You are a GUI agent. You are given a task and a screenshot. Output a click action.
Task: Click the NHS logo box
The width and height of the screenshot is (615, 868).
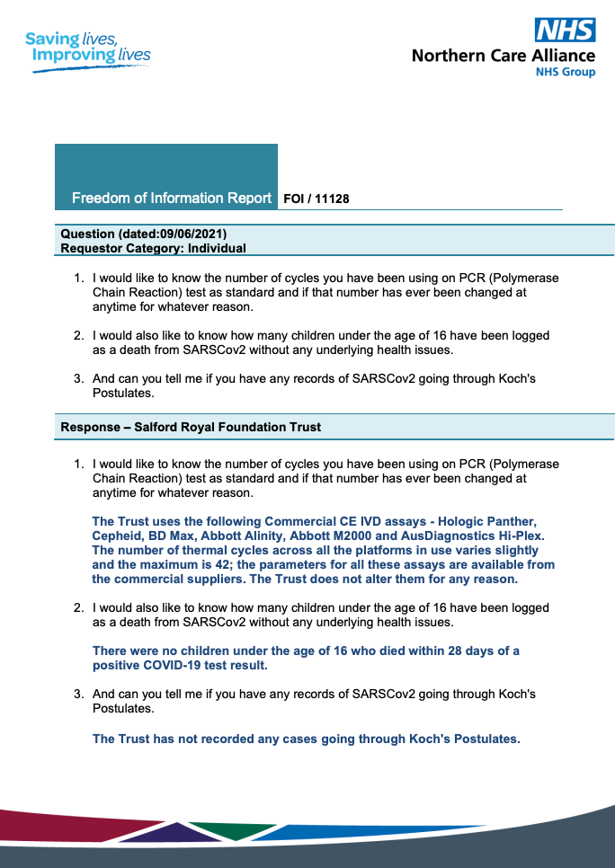point(565,30)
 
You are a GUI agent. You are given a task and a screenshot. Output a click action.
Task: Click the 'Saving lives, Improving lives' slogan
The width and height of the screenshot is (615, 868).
point(88,48)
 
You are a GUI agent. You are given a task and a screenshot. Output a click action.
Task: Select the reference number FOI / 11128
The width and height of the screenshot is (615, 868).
point(316,199)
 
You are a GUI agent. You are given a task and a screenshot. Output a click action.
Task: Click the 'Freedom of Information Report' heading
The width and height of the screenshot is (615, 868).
point(172,198)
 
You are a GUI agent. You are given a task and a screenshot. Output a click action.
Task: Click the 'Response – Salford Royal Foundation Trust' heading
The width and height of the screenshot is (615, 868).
point(191,427)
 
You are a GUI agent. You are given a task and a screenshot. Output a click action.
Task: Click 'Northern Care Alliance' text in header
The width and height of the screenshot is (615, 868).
point(503,56)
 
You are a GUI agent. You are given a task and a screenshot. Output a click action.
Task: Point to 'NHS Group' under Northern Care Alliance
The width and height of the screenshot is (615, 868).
point(566,72)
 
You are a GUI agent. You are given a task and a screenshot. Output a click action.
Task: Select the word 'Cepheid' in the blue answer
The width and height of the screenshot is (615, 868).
point(117,536)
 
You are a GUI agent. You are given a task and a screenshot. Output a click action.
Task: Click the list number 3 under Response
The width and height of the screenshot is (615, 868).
point(78,694)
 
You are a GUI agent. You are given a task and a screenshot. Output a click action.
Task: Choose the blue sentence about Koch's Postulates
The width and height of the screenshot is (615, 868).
point(307,739)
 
